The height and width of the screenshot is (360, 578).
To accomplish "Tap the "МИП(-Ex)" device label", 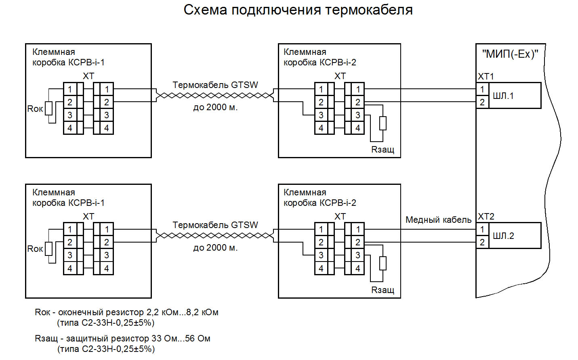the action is pos(510,54).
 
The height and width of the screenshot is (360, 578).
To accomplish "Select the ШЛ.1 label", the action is pos(503,96).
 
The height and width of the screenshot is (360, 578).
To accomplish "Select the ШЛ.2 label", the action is pos(503,236).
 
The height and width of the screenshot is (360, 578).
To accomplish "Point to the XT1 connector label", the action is pos(486,77).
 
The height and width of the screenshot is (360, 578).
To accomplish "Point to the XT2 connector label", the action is pos(486,217).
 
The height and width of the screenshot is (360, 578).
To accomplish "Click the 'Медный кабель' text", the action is pos(438,220).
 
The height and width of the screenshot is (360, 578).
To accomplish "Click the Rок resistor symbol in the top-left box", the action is pos(49,108).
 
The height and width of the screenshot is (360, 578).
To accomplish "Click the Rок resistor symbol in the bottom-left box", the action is pos(49,249).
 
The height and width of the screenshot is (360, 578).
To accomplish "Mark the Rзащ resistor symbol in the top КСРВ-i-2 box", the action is pos(383,123).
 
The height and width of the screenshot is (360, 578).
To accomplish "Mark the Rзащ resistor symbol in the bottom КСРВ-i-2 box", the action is pos(383,263).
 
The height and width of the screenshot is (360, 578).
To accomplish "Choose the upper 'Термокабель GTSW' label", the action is pos(215,85).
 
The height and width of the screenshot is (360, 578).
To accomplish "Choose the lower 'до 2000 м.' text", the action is pos(215,248).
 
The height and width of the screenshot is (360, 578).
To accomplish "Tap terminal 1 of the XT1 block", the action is pos(482,90).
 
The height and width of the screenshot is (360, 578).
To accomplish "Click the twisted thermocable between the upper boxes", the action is pos(215,96).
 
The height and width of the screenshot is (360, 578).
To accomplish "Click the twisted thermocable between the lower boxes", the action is pos(215,236).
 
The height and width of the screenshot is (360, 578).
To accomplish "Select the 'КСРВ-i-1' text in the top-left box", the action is pos(86,63).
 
